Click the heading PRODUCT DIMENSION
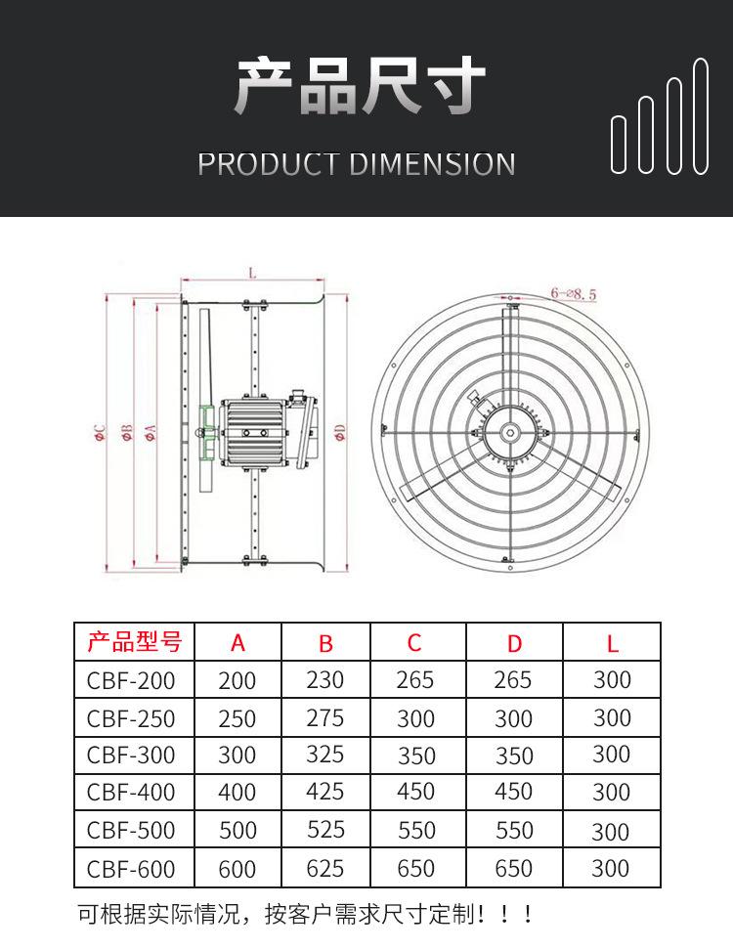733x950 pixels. point(356,164)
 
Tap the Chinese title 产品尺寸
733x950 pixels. point(360,86)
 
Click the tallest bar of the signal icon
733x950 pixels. point(701,116)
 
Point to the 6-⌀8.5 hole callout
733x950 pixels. point(573,294)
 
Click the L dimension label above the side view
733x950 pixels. point(252,273)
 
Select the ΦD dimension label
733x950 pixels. point(340,432)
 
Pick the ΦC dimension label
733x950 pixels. point(101,433)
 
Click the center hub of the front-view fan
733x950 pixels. point(510,433)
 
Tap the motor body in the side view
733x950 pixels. point(253,433)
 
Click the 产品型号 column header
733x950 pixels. point(135,641)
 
